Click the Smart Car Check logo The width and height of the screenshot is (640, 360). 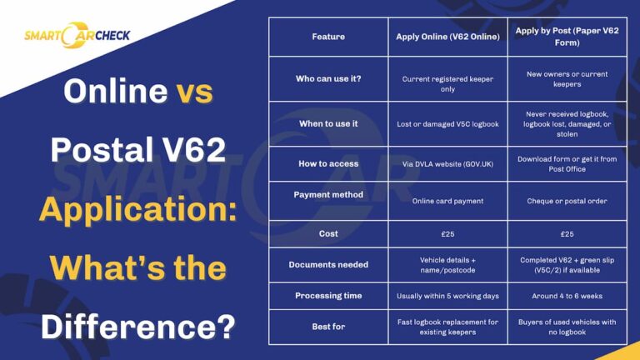click(x=77, y=36)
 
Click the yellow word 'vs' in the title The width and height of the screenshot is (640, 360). click(x=194, y=91)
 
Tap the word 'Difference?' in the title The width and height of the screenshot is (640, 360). click(x=137, y=326)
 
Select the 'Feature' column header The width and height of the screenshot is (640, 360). click(x=328, y=37)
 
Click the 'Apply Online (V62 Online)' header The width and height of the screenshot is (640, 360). click(x=447, y=37)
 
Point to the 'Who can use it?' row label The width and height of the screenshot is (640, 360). click(x=328, y=79)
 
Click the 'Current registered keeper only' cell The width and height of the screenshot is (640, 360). click(x=447, y=83)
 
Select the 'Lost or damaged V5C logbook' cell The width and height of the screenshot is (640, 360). click(x=447, y=124)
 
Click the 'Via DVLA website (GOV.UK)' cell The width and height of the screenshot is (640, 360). click(x=447, y=164)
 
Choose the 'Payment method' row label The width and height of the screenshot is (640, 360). click(x=328, y=194)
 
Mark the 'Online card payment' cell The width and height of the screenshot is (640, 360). click(x=447, y=201)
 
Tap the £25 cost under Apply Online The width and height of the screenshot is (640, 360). click(x=447, y=234)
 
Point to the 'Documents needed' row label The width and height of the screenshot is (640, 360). click(x=328, y=265)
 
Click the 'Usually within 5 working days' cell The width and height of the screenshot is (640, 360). click(x=447, y=296)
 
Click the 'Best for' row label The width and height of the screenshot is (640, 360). click(x=328, y=327)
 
